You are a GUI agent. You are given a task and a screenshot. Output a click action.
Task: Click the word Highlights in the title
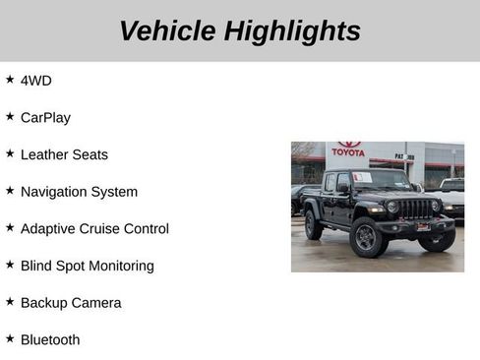(x=292, y=31)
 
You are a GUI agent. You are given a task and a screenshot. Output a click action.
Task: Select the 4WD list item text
(x=36, y=81)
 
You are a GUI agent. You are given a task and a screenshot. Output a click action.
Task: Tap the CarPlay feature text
(x=45, y=118)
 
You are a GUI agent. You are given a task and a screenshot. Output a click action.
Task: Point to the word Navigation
(x=55, y=192)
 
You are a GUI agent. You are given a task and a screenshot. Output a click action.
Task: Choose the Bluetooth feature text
(x=50, y=340)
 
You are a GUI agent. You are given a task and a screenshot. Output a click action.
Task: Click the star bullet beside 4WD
(x=10, y=80)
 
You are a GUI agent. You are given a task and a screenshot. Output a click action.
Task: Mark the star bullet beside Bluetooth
(x=10, y=338)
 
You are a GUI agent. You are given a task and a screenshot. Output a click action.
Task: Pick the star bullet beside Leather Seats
(x=10, y=153)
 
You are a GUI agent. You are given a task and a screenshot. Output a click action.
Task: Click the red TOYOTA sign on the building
(x=348, y=150)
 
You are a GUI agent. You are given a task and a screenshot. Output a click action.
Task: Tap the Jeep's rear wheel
(x=314, y=226)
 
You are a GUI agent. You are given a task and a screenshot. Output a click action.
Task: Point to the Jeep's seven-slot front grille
(x=416, y=209)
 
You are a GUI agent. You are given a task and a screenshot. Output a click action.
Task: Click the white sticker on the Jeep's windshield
(x=363, y=178)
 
